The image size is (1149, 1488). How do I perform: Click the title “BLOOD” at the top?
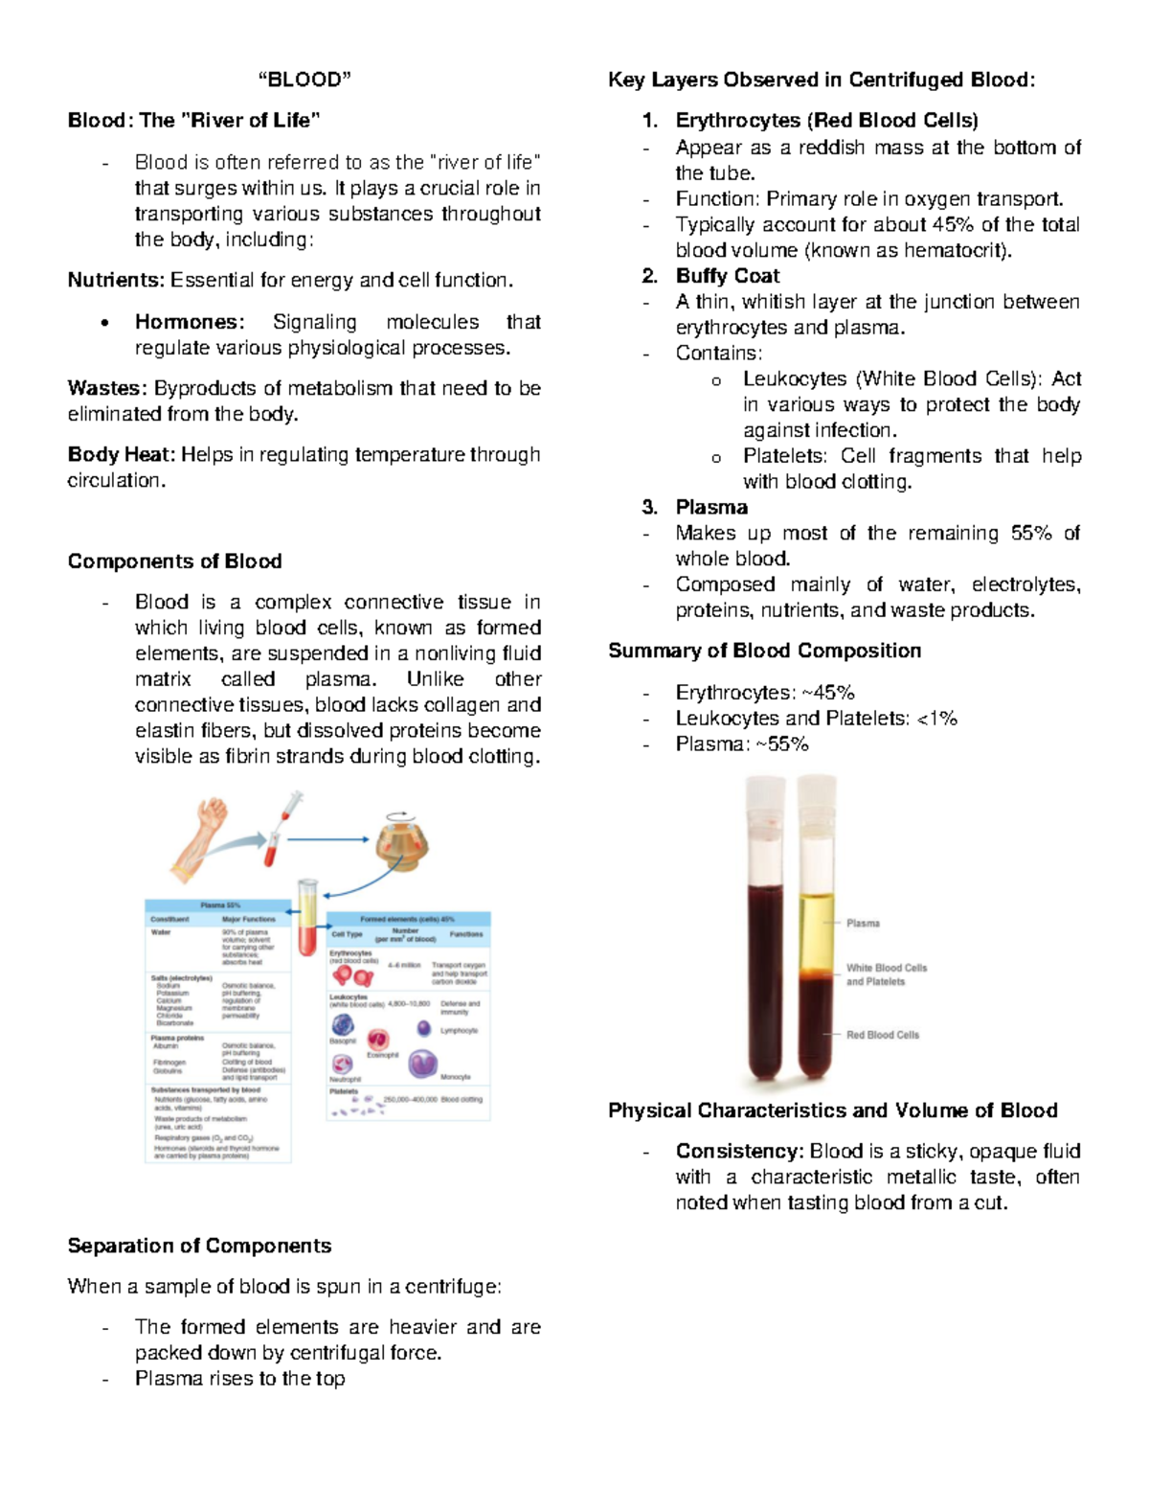pyautogui.click(x=304, y=80)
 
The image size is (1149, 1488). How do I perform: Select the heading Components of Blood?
pyautogui.click(x=174, y=561)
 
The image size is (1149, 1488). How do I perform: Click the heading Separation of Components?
pyautogui.click(x=199, y=1246)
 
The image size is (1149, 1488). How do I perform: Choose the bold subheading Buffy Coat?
pyautogui.click(x=727, y=276)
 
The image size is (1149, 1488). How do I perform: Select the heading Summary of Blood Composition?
pyautogui.click(x=764, y=651)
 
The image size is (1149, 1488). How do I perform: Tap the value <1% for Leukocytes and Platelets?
pyautogui.click(x=936, y=719)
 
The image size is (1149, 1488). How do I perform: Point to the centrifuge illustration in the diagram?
pyautogui.click(x=400, y=841)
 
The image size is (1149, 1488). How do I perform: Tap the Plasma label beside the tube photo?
pyautogui.click(x=863, y=924)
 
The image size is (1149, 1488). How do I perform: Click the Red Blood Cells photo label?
pyautogui.click(x=882, y=1035)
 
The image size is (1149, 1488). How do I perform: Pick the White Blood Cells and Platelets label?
pyautogui.click(x=886, y=974)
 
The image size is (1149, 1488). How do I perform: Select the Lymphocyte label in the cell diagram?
pyautogui.click(x=459, y=1031)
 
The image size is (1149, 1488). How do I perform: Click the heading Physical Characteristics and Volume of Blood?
pyautogui.click(x=832, y=1110)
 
